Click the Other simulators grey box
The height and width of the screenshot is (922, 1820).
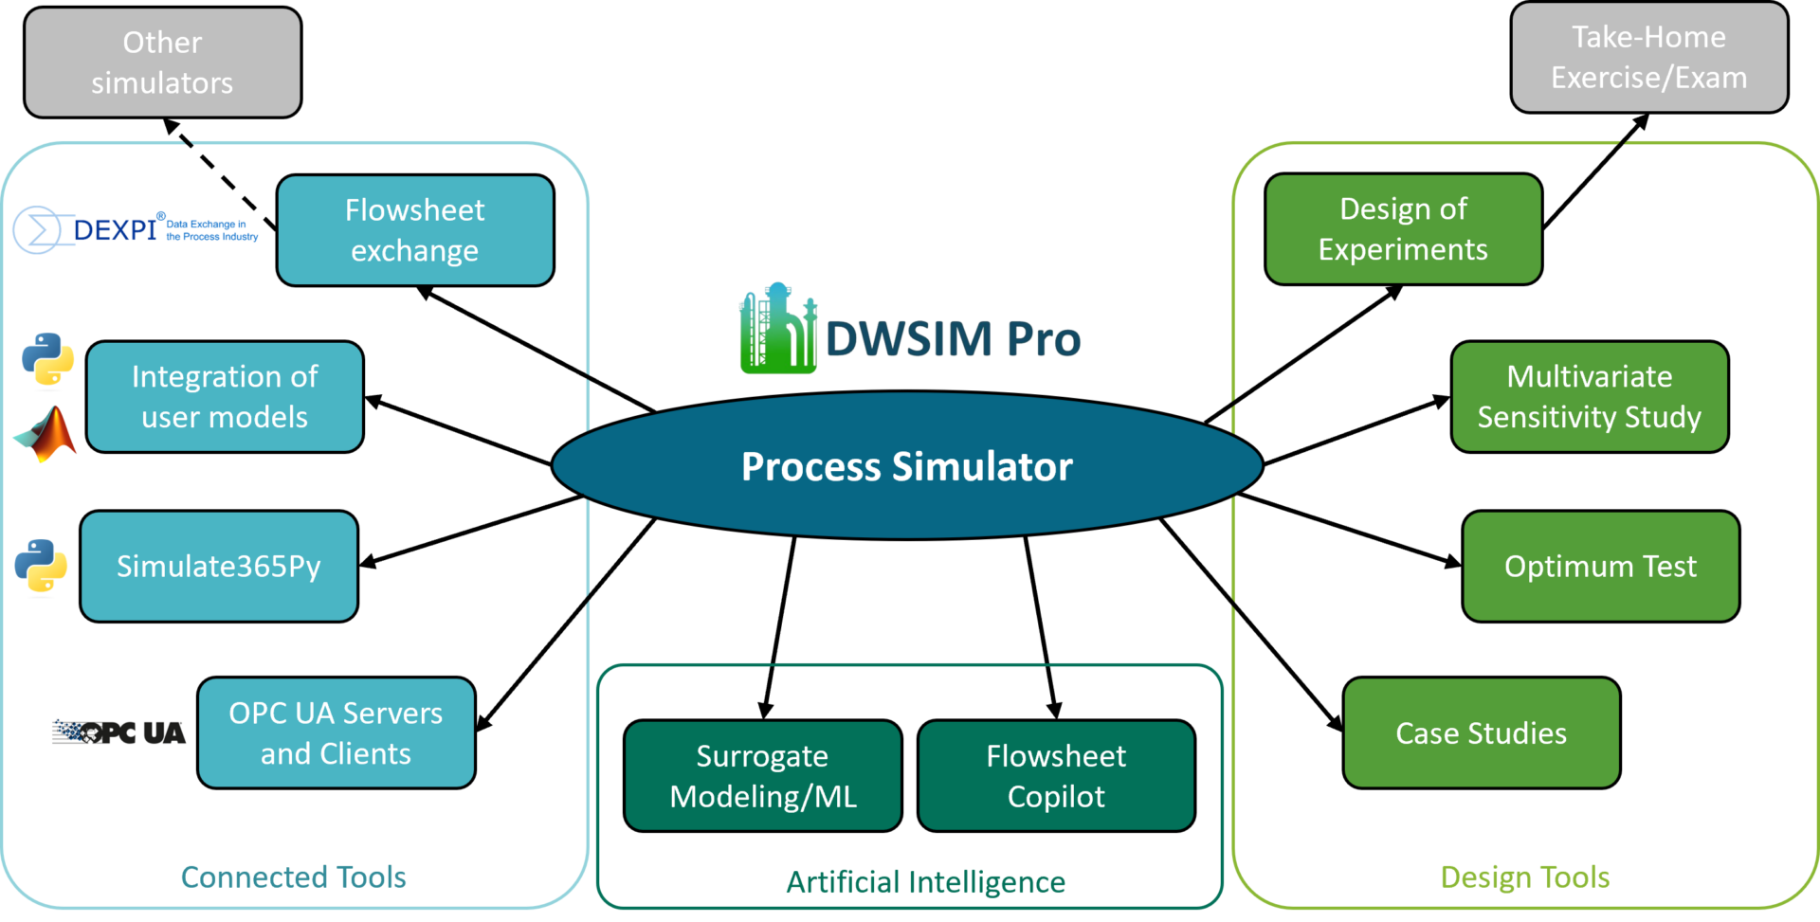coord(162,63)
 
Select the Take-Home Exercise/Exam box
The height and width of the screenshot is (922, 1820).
coord(1648,57)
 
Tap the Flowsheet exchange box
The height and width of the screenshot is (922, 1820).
coord(414,230)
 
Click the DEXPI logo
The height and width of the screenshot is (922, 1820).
coord(133,229)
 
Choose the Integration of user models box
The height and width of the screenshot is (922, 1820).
coord(225,396)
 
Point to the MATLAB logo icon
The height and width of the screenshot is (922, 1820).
coord(45,434)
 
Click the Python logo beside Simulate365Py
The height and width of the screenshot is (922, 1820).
coord(41,567)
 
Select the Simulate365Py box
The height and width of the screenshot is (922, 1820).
coord(218,566)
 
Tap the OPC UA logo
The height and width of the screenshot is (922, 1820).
coord(118,732)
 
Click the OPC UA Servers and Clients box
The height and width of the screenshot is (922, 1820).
coord(336,732)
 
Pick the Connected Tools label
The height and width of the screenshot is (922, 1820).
coord(293,877)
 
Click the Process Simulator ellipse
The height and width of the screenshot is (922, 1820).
coord(906,466)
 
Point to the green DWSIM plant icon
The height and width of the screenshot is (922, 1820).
coord(777,329)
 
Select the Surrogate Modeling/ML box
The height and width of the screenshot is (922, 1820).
coord(762,775)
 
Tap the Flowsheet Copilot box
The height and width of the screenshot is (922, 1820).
coord(1055,775)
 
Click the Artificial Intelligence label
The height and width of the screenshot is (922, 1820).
coord(925,882)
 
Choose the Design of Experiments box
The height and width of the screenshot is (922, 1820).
coord(1402,228)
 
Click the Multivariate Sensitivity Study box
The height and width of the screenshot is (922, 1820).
coord(1589,396)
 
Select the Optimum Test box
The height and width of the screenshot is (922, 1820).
coord(1600,566)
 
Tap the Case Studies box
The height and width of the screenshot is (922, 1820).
coord(1481,732)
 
